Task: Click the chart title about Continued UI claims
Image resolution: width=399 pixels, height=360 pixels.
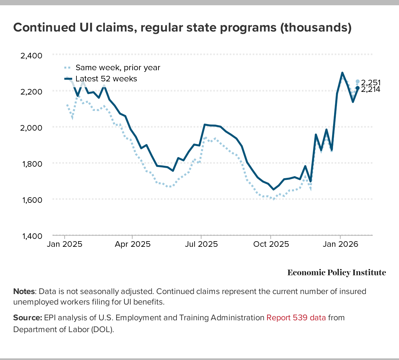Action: click(182, 28)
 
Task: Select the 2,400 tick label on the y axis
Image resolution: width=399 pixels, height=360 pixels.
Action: click(31, 55)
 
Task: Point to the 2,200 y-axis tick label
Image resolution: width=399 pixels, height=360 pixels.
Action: click(31, 92)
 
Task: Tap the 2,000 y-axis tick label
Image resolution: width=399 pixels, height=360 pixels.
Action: click(31, 128)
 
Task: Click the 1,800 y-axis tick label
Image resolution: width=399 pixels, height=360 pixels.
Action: click(31, 164)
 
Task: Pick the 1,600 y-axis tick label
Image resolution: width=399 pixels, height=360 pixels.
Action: click(31, 200)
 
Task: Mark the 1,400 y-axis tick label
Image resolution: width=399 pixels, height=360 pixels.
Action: click(31, 236)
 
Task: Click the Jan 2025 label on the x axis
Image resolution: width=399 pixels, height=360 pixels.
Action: click(65, 244)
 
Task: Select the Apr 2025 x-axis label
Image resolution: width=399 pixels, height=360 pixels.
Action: click(133, 244)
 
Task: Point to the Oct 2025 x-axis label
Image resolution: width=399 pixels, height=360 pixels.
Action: click(271, 244)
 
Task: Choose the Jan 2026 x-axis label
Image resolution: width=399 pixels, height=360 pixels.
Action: click(340, 244)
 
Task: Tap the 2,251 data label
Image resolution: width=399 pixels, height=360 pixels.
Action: click(370, 83)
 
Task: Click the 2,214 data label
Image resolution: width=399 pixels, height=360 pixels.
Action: click(370, 89)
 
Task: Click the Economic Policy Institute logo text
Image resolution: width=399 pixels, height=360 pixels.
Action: click(337, 273)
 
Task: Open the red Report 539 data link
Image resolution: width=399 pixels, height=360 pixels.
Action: click(296, 318)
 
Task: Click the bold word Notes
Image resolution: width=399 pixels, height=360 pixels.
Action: click(24, 291)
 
